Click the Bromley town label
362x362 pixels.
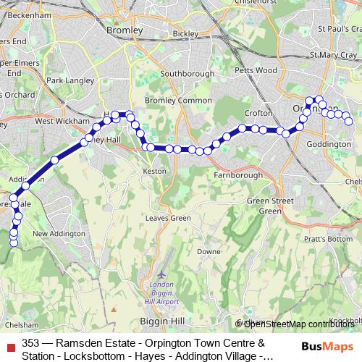[x=120, y=30]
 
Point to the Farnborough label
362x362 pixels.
[x=238, y=175]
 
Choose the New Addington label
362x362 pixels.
[x=55, y=234]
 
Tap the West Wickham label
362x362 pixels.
[x=56, y=122]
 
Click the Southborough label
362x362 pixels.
[x=188, y=74]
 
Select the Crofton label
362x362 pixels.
[x=258, y=114]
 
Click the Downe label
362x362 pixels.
[x=209, y=251]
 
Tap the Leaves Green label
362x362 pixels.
[x=168, y=218]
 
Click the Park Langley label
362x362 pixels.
[x=67, y=80]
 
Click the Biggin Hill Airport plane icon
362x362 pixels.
[x=161, y=276]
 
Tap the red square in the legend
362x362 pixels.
[x=12, y=343]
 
